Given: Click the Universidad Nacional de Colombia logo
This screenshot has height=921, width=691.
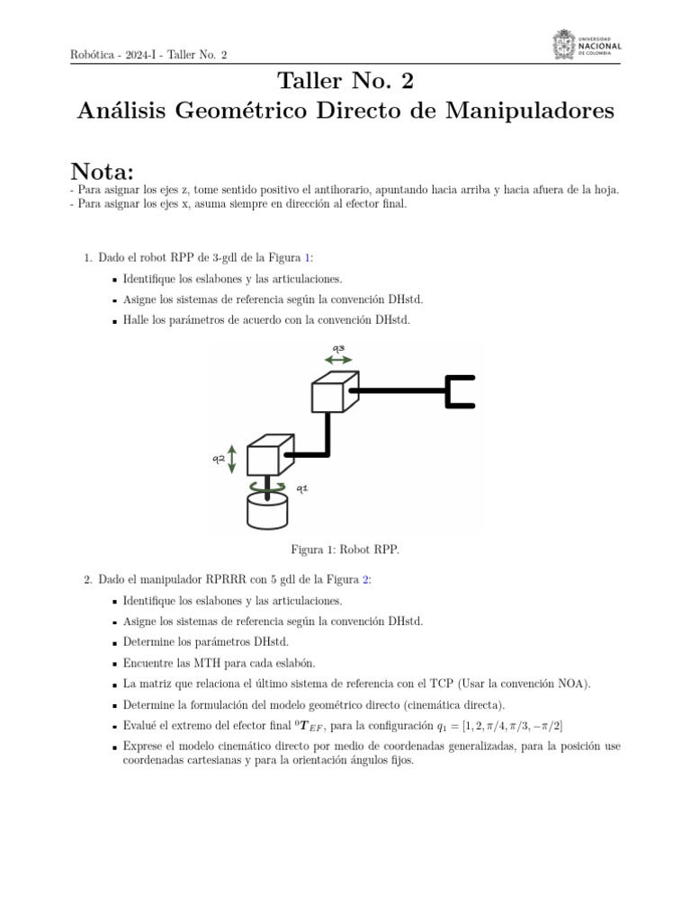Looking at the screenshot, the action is (x=586, y=46).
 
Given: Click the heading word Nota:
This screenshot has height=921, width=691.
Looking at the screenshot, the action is (x=102, y=171).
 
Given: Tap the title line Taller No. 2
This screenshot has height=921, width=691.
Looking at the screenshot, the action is (x=345, y=81).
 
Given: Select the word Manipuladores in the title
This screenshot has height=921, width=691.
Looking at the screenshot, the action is (x=540, y=111).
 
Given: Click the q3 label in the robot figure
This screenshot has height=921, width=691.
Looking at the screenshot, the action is (x=339, y=348).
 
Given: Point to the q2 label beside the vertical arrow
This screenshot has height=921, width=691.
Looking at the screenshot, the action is (x=219, y=459).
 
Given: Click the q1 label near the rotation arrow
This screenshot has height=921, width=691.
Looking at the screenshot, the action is (x=301, y=488).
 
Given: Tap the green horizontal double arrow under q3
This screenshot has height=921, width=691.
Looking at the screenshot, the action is (x=339, y=360).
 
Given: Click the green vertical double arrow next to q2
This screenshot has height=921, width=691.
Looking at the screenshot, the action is (x=233, y=459).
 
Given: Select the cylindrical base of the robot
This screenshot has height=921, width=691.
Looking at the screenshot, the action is (x=267, y=512).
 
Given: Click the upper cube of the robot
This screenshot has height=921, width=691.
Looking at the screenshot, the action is (x=334, y=392).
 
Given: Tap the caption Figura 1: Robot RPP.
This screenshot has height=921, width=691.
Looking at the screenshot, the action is (x=345, y=549).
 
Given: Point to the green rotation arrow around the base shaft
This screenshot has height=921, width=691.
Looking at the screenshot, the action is (x=268, y=487).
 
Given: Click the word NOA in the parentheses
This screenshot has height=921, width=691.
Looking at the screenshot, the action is (x=571, y=684).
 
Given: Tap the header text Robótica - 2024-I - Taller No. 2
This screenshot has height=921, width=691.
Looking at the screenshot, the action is (x=148, y=55).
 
